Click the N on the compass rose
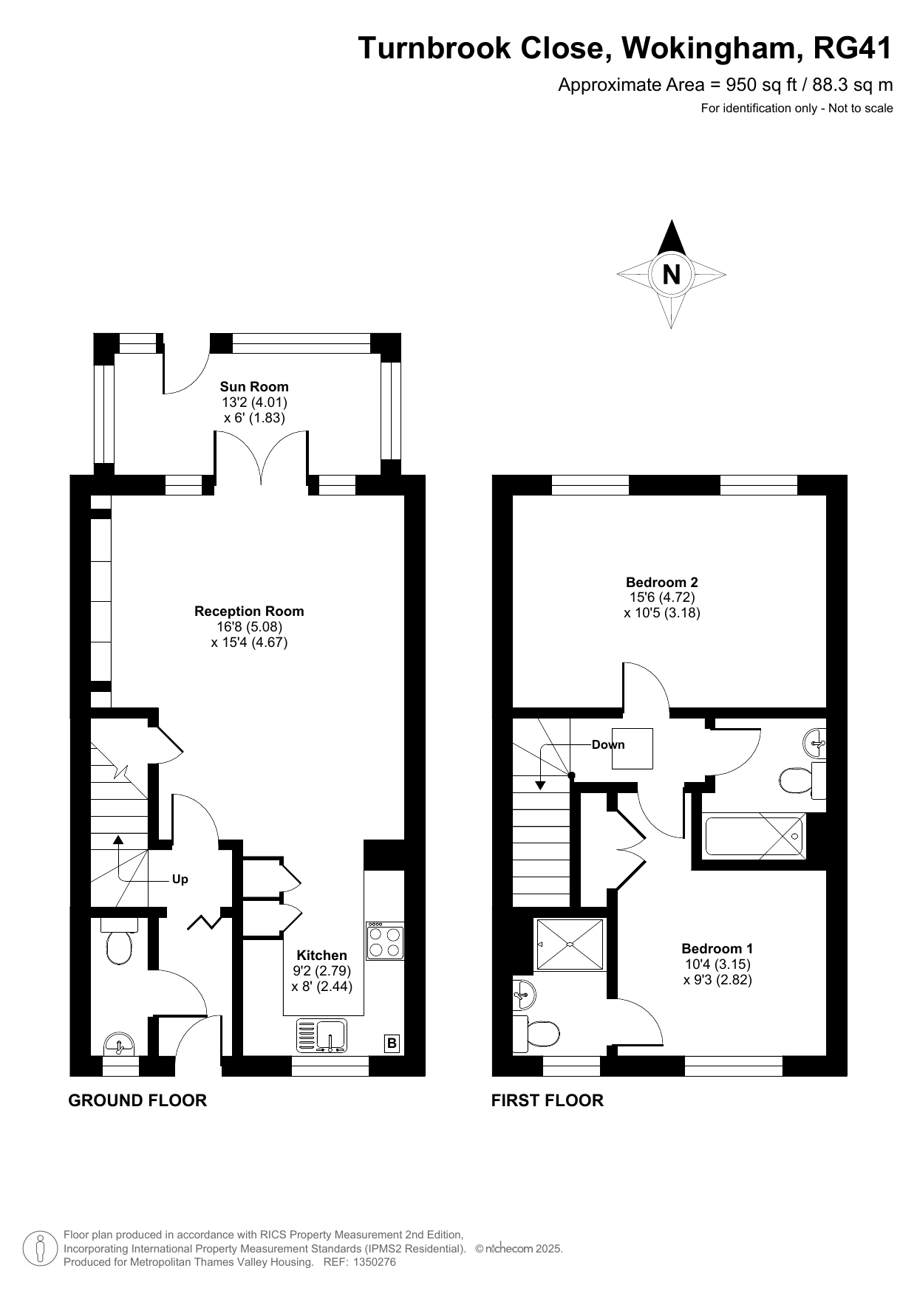pos(671,275)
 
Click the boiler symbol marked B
pos(392,1043)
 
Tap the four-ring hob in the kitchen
pos(385,941)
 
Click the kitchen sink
pos(321,1035)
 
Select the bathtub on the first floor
pos(754,837)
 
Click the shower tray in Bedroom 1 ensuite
pos(570,944)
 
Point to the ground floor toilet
pos(118,941)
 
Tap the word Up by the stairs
pos(180,879)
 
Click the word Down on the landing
pos(608,744)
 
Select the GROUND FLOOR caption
pos(137,1100)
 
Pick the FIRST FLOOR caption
pos(548,1100)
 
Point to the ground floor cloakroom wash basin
pos(119,1044)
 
